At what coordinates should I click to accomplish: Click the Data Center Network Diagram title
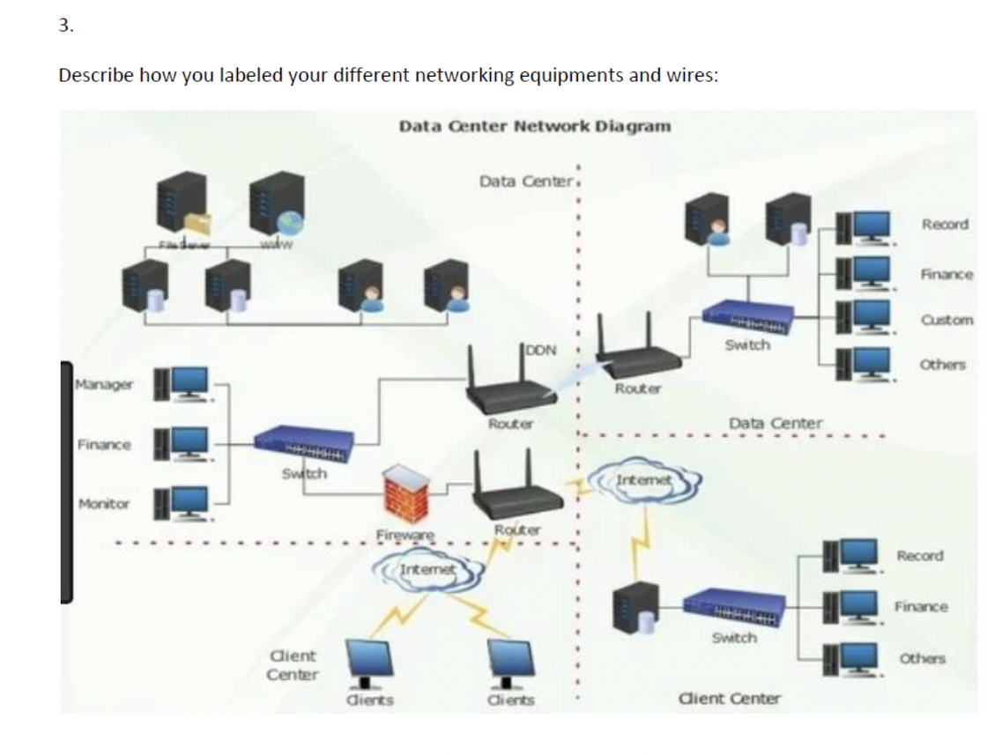click(534, 125)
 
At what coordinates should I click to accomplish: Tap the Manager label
click(104, 384)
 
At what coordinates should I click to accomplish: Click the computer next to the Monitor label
click(182, 501)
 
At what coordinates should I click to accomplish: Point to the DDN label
click(541, 350)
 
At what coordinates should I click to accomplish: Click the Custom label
click(947, 320)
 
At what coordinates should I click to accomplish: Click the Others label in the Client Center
click(922, 658)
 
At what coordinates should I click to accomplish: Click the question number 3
click(66, 25)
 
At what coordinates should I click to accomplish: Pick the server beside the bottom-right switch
click(638, 606)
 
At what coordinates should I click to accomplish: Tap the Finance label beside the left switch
click(104, 444)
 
